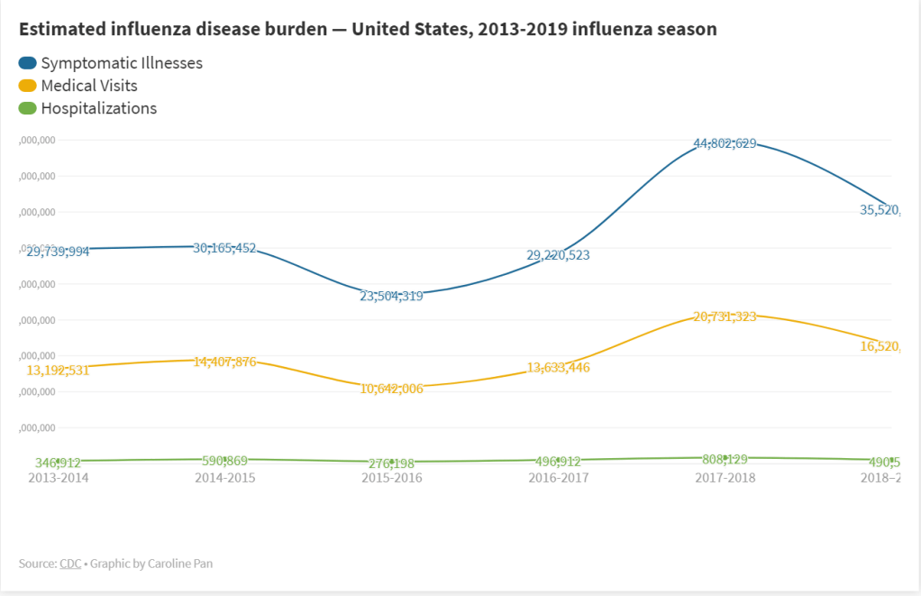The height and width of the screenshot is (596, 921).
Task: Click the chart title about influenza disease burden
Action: (x=368, y=29)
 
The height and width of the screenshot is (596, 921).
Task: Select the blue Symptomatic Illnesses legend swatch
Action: (x=28, y=63)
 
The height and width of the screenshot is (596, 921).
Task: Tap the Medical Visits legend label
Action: (x=89, y=86)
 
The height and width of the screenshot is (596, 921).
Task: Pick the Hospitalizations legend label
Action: (x=98, y=108)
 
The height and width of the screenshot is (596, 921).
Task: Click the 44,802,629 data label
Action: (x=725, y=143)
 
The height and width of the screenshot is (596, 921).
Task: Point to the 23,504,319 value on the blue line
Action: (x=391, y=296)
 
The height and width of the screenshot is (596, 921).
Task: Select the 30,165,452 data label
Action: (x=224, y=248)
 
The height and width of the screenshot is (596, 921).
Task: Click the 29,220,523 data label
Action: (x=558, y=255)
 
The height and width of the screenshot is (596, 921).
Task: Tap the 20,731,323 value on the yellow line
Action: (x=725, y=316)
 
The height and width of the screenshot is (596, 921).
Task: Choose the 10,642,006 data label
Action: (x=391, y=389)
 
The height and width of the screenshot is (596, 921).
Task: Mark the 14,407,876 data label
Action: (x=224, y=362)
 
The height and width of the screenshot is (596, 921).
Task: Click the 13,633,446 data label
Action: (x=558, y=367)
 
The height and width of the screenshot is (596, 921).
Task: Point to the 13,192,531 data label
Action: (x=58, y=370)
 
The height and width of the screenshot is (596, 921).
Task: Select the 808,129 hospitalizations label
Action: (x=725, y=459)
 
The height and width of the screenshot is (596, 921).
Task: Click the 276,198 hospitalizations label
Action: (x=391, y=463)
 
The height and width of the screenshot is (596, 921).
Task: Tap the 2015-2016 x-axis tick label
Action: (x=391, y=478)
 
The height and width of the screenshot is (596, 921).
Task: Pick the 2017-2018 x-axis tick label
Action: (x=725, y=478)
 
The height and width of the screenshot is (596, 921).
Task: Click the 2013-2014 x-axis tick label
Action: (x=58, y=478)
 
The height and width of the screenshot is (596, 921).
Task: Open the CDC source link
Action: (x=70, y=564)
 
